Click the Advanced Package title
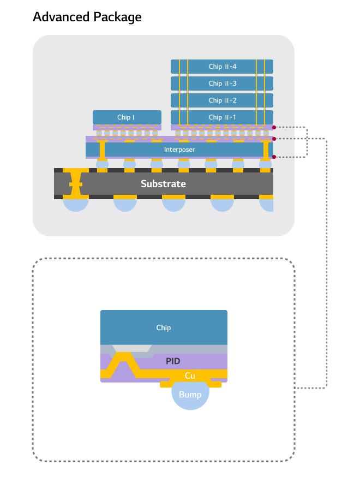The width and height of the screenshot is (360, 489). [87, 17]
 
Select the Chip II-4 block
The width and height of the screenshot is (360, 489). [222, 67]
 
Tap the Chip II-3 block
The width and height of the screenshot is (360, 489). [222, 84]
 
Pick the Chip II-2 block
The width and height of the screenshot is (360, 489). [222, 100]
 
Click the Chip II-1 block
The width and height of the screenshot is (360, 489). [222, 117]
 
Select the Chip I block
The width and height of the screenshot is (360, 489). [127, 117]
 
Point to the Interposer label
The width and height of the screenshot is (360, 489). [179, 150]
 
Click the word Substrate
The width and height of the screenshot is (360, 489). [163, 184]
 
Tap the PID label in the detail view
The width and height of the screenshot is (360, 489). [173, 361]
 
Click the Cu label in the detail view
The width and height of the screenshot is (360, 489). [190, 375]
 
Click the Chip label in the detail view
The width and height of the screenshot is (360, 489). [164, 327]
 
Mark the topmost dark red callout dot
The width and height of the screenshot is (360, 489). [274, 128]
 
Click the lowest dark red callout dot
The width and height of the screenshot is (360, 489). [274, 157]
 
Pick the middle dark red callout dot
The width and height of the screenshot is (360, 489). [274, 139]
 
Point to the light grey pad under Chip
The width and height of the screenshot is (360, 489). [131, 348]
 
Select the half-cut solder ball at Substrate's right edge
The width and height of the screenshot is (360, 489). [267, 204]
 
